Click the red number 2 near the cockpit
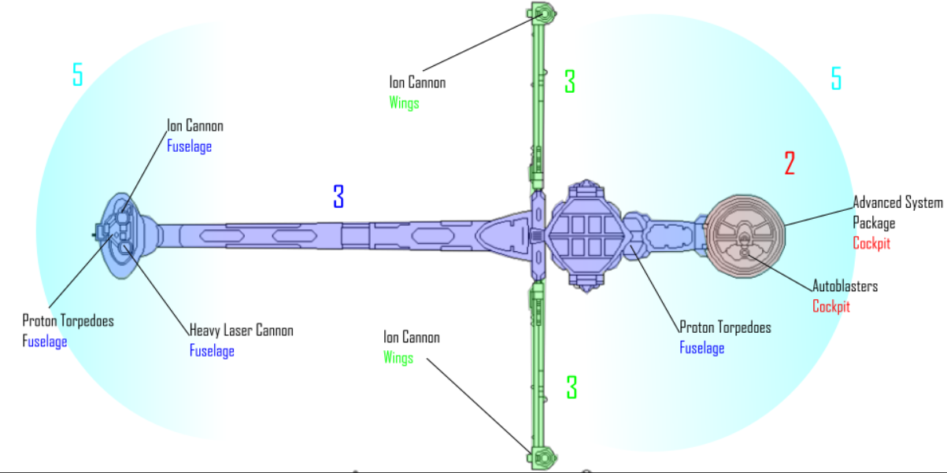(790, 163)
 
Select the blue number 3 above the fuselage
(338, 196)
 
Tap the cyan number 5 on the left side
(77, 74)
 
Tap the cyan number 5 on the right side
(836, 78)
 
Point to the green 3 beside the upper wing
(570, 81)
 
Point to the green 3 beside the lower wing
(572, 387)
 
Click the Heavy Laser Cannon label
(242, 331)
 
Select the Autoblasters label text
(845, 286)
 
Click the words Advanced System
(898, 202)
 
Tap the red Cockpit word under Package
(871, 243)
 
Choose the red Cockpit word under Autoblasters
(831, 306)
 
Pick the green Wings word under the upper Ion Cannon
(404, 103)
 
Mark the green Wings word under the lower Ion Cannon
(398, 357)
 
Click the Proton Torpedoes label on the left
(68, 321)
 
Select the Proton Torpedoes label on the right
(726, 327)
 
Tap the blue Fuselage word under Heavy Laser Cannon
(212, 351)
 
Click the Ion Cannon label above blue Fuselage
(195, 126)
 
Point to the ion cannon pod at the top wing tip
(542, 13)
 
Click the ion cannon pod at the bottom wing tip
(542, 458)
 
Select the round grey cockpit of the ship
(745, 236)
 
